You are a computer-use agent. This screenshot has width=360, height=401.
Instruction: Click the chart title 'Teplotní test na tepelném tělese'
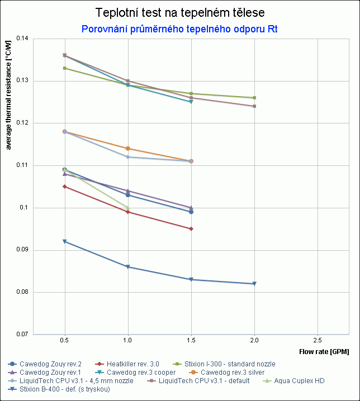[179, 13]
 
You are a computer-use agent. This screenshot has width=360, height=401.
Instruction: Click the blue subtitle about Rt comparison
[179, 28]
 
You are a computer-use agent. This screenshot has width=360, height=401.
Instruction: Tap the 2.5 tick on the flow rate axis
[318, 340]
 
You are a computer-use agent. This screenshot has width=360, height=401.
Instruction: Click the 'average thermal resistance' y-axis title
[8, 95]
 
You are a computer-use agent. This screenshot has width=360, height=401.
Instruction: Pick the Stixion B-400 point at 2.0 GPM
[254, 284]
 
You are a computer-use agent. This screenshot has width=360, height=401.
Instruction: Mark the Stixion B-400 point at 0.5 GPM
[65, 241]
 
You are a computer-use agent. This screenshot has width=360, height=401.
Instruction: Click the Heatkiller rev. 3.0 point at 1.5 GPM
[191, 229]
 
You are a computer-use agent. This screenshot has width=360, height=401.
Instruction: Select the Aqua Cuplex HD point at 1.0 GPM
[128, 208]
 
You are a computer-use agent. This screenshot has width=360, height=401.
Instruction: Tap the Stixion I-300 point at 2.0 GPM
[254, 98]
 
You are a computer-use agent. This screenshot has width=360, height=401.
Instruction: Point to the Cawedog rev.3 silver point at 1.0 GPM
[128, 149]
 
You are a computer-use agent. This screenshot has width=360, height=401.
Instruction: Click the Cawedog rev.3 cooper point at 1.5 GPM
[191, 102]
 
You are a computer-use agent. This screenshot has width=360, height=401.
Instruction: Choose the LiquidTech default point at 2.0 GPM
[254, 106]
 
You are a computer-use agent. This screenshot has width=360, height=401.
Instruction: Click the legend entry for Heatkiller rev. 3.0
[128, 364]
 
